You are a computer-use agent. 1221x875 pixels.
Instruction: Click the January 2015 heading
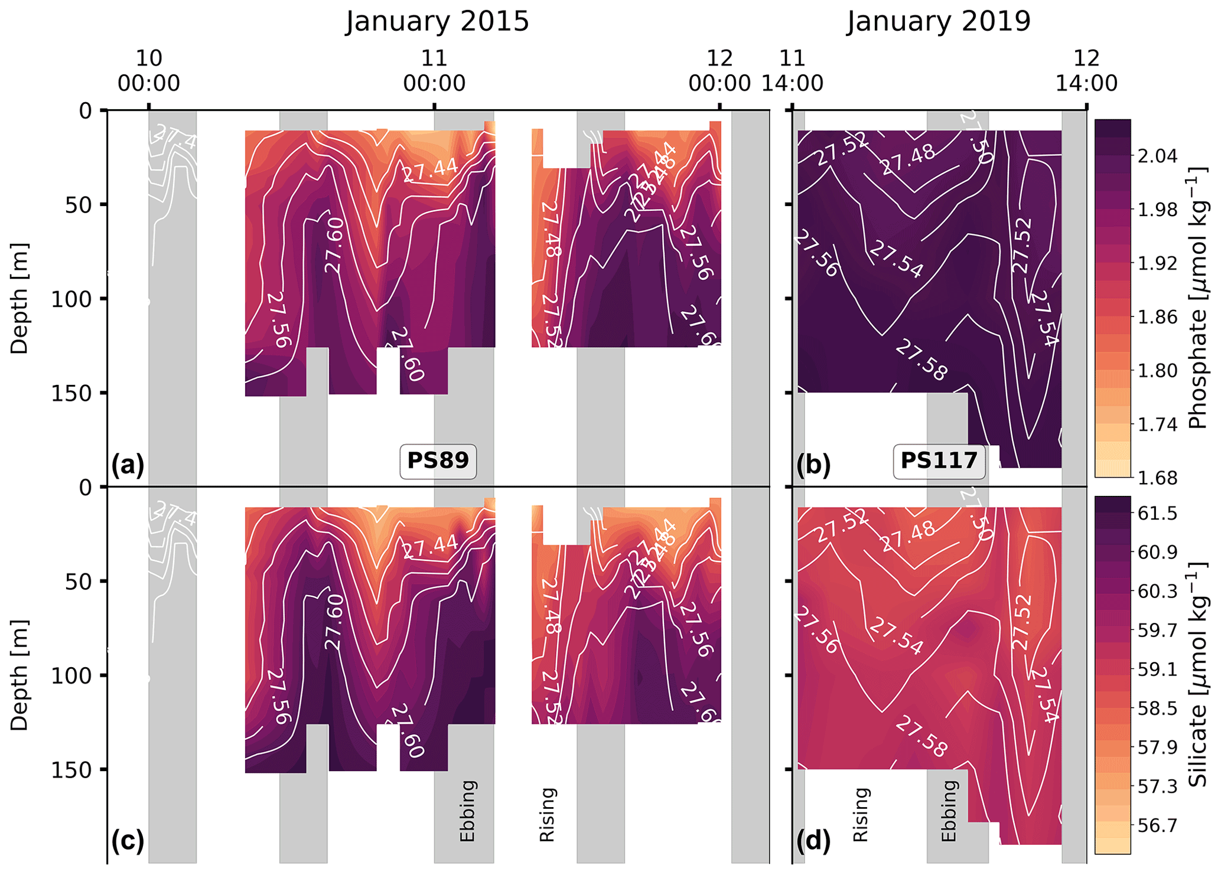[437, 22]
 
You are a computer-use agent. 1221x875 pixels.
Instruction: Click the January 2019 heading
[938, 22]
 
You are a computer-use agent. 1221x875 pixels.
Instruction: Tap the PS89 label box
[438, 460]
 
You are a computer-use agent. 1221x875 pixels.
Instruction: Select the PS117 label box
[939, 460]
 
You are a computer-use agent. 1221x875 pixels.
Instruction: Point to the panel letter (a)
[128, 465]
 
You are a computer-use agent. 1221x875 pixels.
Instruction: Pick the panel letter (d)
[813, 841]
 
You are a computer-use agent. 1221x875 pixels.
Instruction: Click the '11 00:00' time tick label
[434, 71]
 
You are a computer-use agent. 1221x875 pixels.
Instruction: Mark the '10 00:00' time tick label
[149, 71]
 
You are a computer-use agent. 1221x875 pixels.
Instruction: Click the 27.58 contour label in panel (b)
[921, 361]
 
